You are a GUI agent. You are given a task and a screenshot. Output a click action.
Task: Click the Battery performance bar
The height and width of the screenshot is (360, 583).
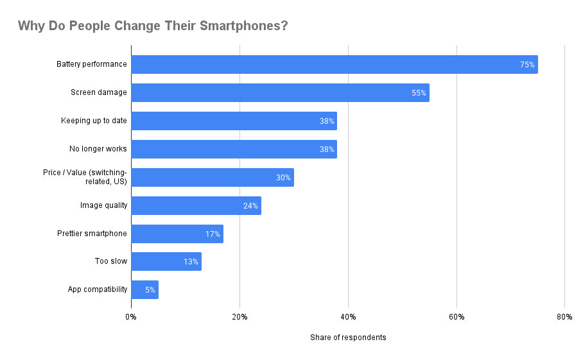click(334, 64)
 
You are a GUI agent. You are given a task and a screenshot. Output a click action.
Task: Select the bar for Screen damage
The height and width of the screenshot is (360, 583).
click(280, 92)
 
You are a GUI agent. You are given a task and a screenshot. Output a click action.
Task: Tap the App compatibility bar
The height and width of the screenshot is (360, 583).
click(144, 290)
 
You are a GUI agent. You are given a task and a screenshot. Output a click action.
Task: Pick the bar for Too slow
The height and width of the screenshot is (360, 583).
click(166, 262)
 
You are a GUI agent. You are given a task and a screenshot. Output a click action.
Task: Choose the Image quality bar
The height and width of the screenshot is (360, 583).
click(196, 205)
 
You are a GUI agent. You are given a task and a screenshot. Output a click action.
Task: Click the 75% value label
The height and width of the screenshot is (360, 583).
click(527, 65)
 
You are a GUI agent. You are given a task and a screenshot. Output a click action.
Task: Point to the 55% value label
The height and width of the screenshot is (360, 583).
click(419, 93)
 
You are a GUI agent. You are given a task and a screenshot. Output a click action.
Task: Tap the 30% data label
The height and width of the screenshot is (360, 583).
click(283, 178)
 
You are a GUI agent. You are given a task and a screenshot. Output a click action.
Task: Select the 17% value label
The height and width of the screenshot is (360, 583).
click(213, 234)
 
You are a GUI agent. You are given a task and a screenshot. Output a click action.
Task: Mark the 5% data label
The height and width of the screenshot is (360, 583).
click(150, 291)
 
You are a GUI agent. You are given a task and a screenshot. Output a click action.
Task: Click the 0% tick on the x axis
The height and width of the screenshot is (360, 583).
click(131, 317)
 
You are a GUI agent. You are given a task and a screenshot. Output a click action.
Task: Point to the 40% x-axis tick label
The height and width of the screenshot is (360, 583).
click(348, 317)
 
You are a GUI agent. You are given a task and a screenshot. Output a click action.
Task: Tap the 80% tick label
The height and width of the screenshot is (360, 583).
click(564, 317)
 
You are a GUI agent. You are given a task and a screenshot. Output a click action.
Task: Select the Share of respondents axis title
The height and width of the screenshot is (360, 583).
click(348, 338)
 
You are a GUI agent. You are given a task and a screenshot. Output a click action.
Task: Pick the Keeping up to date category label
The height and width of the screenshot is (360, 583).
click(94, 121)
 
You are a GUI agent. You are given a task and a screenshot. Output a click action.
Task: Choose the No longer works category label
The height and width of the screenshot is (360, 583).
click(98, 149)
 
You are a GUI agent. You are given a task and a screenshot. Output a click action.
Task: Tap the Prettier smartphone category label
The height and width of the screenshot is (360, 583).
click(92, 234)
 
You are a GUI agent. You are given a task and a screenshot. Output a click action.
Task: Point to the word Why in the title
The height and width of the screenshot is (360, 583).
click(30, 26)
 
